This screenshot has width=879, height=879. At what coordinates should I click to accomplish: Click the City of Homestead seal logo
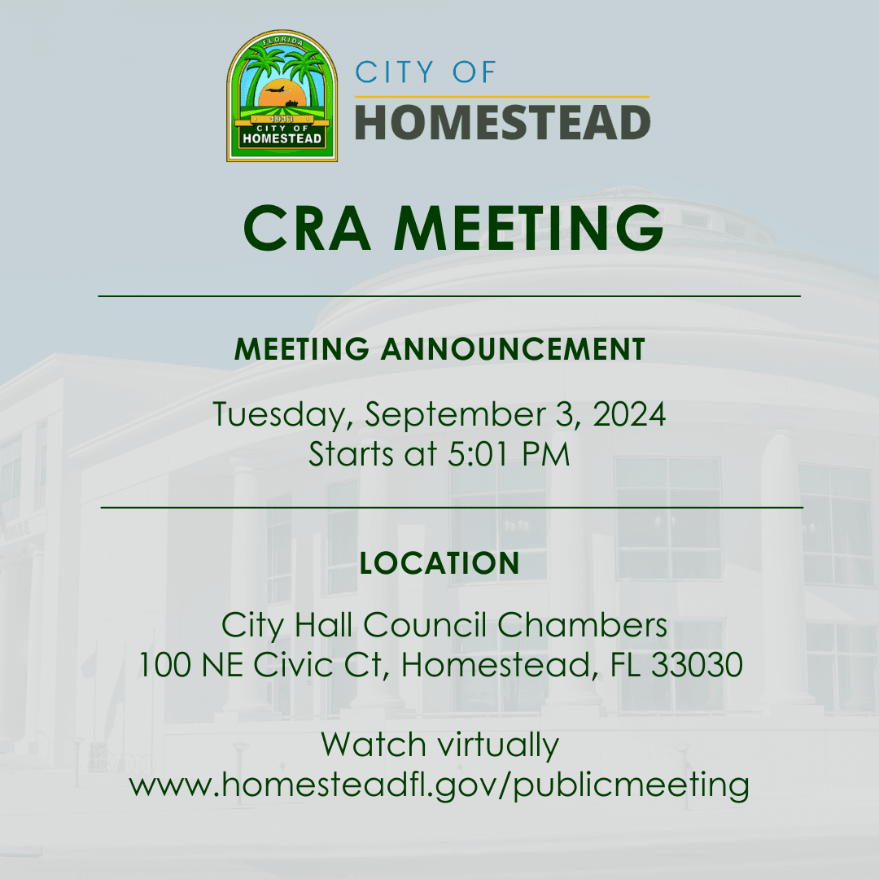tap(282, 96)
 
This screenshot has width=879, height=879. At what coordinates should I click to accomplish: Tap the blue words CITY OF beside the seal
tap(426, 72)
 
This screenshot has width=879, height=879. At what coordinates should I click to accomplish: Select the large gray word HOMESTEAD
tap(503, 122)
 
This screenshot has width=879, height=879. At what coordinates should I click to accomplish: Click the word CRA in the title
tap(307, 228)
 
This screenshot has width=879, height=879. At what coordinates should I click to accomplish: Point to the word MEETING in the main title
tap(529, 228)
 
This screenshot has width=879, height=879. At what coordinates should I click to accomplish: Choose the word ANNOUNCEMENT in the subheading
tap(513, 348)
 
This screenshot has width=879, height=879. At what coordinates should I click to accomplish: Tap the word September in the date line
tap(455, 415)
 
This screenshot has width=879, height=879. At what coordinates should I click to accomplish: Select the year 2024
tap(629, 414)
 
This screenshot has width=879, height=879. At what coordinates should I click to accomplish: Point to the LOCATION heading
tap(439, 563)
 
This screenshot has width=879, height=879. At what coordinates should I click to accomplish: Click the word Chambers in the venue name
tap(582, 624)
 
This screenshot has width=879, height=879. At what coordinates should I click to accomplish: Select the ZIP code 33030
tap(697, 665)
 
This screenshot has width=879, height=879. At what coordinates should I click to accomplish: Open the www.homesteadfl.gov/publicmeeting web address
tap(439, 785)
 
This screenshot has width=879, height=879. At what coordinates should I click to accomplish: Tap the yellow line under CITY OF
tap(502, 97)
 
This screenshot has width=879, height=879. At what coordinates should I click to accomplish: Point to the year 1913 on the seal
tap(282, 119)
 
